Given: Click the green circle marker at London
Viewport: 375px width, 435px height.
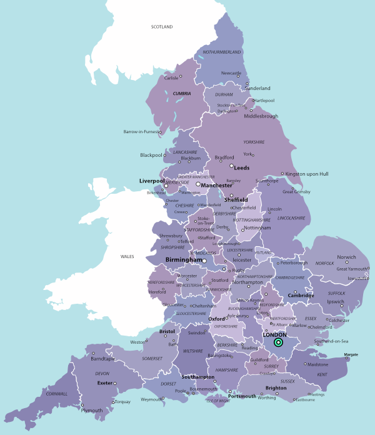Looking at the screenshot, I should (278, 342).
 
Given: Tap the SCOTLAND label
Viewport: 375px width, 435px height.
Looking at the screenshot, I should (161, 26).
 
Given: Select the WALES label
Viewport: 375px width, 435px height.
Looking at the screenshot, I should (127, 256).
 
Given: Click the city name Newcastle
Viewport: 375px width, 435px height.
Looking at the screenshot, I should (231, 73).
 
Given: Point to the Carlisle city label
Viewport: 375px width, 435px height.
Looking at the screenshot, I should (171, 78).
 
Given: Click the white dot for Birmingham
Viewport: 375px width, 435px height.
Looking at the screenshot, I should (204, 261).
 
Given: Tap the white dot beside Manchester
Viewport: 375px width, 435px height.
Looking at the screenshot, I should (198, 184).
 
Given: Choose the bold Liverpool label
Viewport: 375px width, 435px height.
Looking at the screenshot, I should (151, 181).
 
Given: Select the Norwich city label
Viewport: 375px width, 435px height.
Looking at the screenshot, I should (346, 257).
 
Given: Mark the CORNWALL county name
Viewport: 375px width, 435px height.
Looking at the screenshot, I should (56, 394).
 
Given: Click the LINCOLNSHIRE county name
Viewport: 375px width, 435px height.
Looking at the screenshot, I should (292, 218).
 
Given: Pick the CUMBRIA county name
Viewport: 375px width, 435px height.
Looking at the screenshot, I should (182, 94).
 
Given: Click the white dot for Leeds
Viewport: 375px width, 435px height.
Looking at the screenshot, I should (231, 166).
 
